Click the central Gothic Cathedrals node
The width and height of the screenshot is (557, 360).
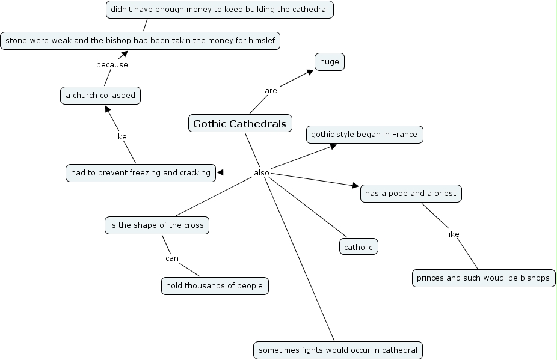(240, 124)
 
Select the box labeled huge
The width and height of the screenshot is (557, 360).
(330, 62)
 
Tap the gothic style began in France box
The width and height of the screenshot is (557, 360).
(365, 135)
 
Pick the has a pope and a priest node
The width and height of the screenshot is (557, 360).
(411, 194)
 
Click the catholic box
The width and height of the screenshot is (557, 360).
(359, 246)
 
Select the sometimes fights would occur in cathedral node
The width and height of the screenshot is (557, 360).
(337, 350)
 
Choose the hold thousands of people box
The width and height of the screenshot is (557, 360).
(215, 286)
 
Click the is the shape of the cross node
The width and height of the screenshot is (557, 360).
(157, 225)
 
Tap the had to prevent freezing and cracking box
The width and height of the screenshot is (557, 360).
(141, 173)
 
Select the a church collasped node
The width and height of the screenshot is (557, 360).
(100, 96)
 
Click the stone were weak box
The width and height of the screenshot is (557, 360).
(140, 40)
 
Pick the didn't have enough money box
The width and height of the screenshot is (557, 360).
(220, 10)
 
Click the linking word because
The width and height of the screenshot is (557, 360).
(112, 64)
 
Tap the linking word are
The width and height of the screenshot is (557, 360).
(271, 91)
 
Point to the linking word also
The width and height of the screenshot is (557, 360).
(262, 173)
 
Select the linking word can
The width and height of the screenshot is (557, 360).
(172, 258)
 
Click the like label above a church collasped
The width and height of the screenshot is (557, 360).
(120, 136)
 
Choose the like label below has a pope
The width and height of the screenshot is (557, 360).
(453, 234)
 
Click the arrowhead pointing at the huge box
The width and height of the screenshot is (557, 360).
(310, 72)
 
